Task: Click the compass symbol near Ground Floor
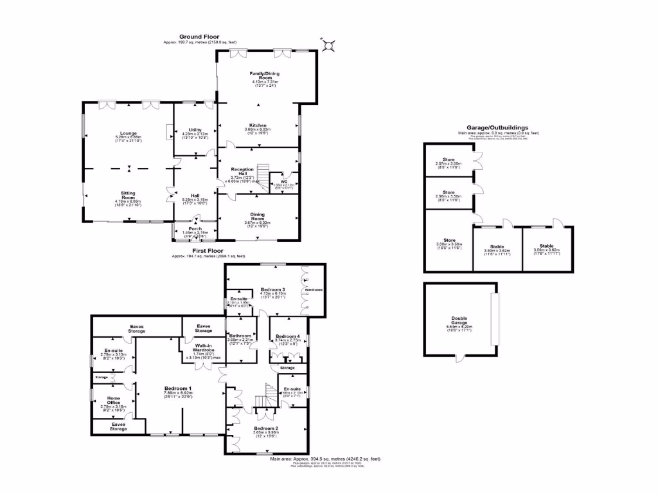(x=328, y=45)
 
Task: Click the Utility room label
(x=195, y=130)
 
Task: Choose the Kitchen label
(x=258, y=125)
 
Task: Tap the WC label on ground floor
(x=283, y=181)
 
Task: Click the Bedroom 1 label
(x=177, y=389)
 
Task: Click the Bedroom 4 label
(x=287, y=336)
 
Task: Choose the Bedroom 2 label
(x=266, y=428)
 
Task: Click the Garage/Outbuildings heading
(x=498, y=128)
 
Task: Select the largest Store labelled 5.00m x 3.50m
(x=449, y=241)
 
